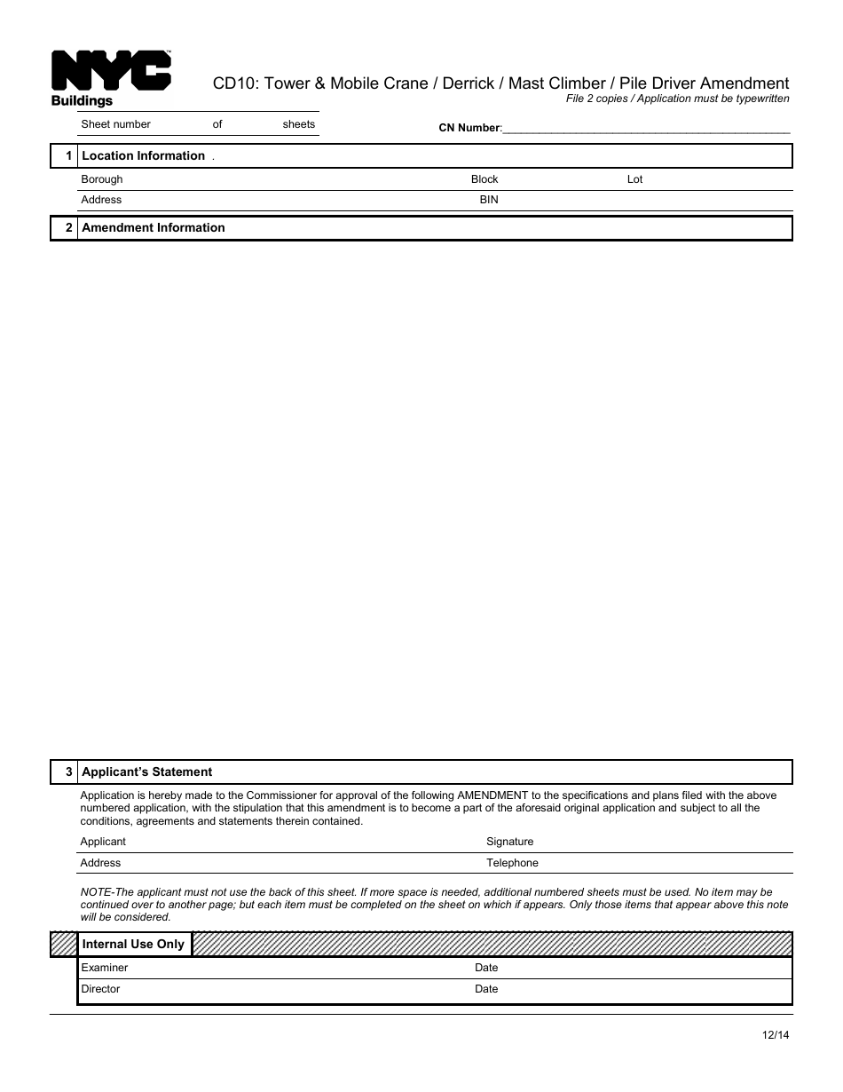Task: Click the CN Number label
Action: point(469,128)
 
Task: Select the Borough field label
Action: point(102,179)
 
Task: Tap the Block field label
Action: point(485,179)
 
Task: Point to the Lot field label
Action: point(634,179)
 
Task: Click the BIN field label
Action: point(489,200)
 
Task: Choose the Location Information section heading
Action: point(143,156)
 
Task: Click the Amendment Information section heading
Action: point(153,228)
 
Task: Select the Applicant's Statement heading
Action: point(146,772)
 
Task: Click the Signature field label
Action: point(509,842)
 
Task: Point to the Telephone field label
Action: point(512,863)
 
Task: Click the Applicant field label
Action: point(103,842)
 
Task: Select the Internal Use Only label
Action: point(133,945)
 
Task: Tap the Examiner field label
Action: point(104,968)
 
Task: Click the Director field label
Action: point(100,989)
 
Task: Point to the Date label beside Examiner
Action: point(486,968)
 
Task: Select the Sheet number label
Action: point(115,124)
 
